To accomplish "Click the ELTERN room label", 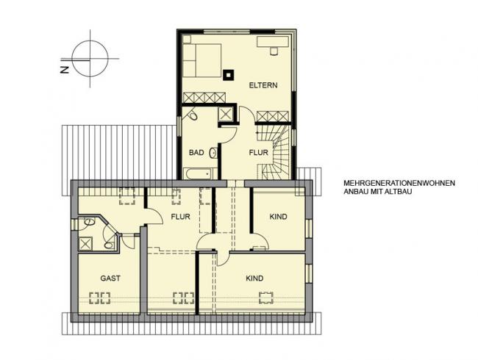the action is coord(263,85).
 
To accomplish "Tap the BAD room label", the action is coord(196,152).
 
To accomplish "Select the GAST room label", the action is coord(110,278).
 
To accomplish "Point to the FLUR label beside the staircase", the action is coord(259,152).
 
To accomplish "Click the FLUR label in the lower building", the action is coord(180,217).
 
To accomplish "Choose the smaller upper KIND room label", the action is coord(278,217).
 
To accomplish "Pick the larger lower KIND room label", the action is coord(254,278).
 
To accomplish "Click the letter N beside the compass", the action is coord(65,70).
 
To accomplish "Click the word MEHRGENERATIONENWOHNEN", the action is coord(399,183).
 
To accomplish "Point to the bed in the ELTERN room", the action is coord(201,60).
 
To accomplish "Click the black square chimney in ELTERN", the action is coord(228,75).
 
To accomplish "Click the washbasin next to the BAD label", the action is coord(213,153).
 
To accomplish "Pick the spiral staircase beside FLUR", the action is coord(274,152).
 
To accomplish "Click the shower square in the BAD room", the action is coord(226,114).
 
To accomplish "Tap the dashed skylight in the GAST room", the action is coord(100,298).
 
